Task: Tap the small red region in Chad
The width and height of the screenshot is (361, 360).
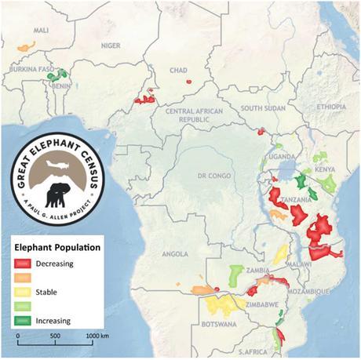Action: click(x=188, y=80)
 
